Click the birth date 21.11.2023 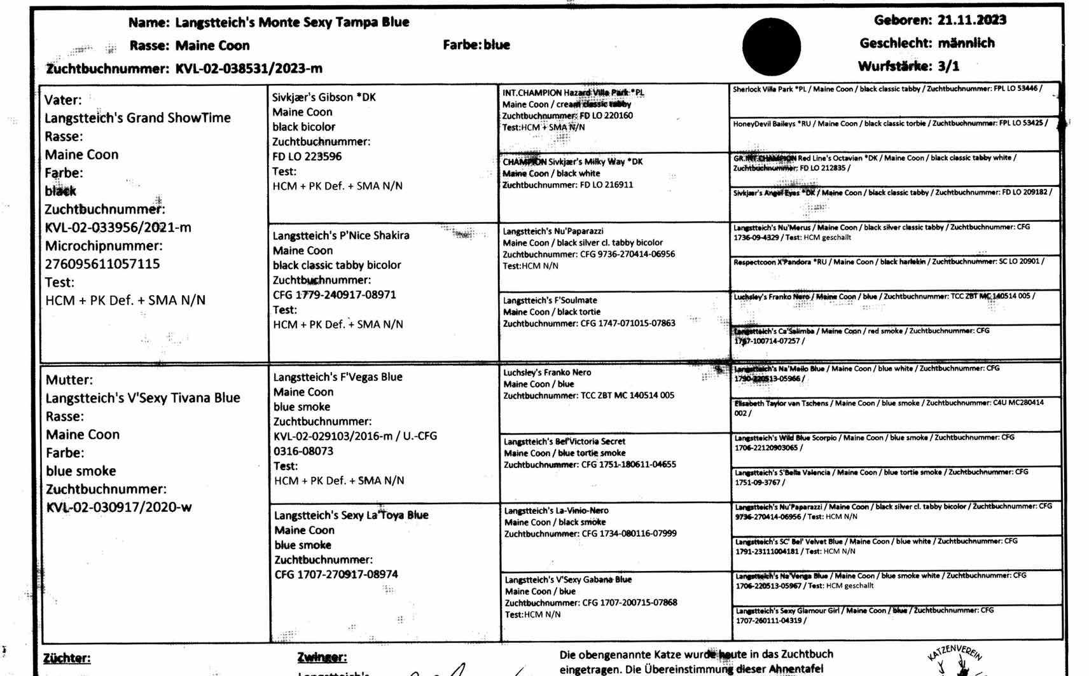point(971,20)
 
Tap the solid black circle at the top point(771,47)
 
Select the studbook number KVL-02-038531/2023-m point(249,69)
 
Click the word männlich point(966,43)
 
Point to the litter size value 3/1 point(948,66)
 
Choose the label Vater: point(63,100)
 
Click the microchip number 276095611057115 point(102,264)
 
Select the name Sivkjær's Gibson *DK point(324,97)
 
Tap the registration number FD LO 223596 point(307,156)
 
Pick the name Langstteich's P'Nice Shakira point(341,235)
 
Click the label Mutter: point(69,380)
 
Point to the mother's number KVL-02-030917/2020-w point(118,507)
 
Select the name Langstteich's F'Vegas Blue point(338,377)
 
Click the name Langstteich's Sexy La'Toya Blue point(351,515)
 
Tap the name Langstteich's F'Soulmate point(550,300)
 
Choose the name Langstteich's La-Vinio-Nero point(556,511)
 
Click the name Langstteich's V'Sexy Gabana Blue point(568,580)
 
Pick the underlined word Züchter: point(67,658)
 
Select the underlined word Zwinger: point(322,658)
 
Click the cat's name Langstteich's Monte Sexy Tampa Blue point(292,22)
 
